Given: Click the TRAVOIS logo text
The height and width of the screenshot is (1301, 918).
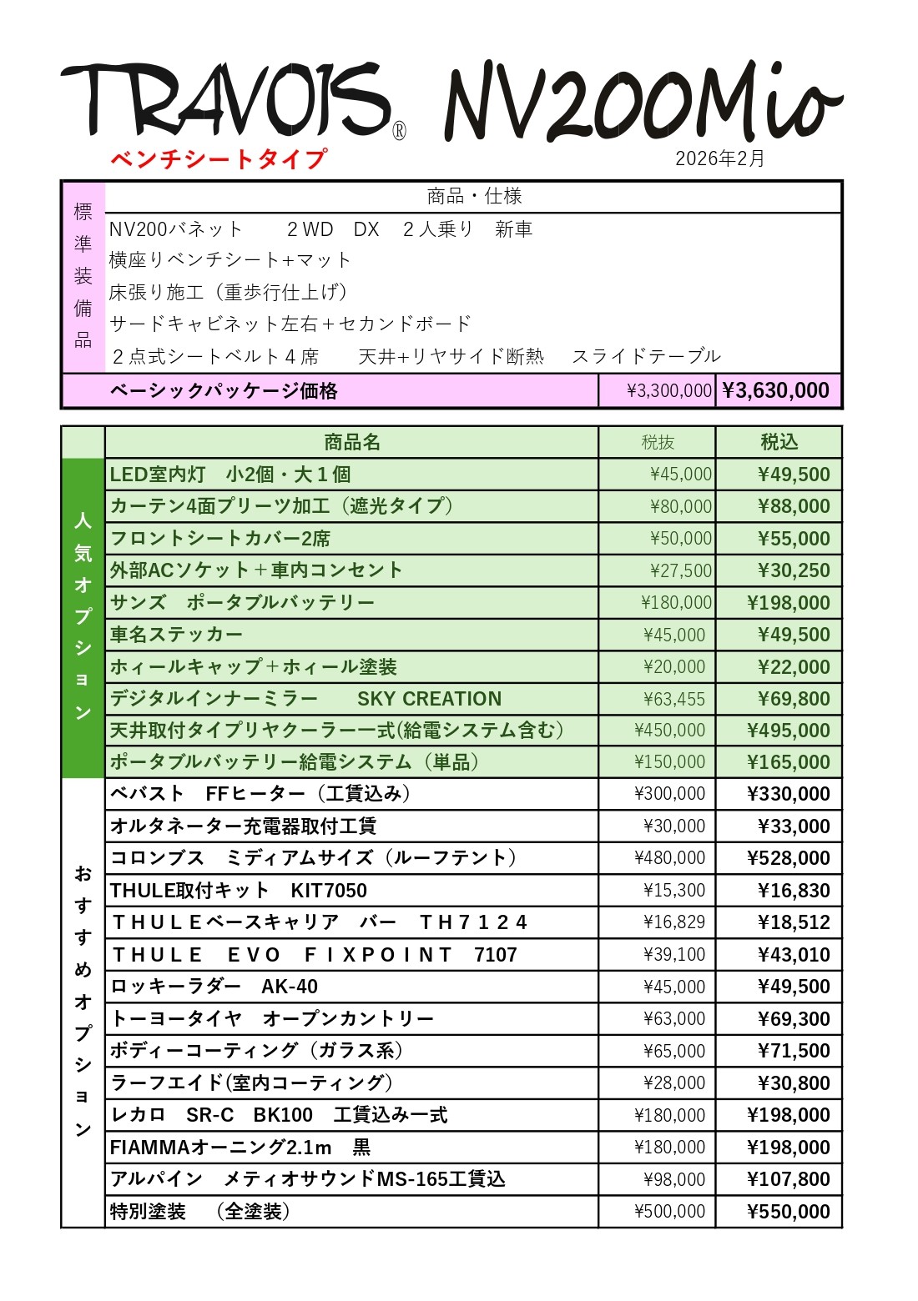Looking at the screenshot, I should pyautogui.click(x=225, y=100).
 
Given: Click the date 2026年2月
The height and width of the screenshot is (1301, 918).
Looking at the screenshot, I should pyautogui.click(x=719, y=158).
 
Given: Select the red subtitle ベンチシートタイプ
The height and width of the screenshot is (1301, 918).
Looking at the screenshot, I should pyautogui.click(x=219, y=158).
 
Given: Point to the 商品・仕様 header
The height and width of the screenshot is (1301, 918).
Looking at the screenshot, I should pyautogui.click(x=474, y=197).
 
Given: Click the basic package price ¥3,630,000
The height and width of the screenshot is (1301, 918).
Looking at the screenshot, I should pyautogui.click(x=776, y=391).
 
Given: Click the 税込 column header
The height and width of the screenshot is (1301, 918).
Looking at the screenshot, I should pyautogui.click(x=779, y=442).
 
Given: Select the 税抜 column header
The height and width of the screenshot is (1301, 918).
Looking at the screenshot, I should pyautogui.click(x=658, y=442).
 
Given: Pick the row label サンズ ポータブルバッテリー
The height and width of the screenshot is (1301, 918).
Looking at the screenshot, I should pyautogui.click(x=242, y=603).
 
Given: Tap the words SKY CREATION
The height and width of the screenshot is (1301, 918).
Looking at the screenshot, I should pyautogui.click(x=429, y=699).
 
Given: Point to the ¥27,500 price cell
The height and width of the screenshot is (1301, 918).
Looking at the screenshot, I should pyautogui.click(x=681, y=571).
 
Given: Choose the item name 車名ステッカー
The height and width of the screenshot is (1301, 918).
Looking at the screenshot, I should pyautogui.click(x=176, y=635).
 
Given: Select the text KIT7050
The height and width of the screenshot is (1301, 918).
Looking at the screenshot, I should pyautogui.click(x=329, y=891).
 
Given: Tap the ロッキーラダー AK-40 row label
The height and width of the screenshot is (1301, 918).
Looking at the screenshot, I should pyautogui.click(x=214, y=987).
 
